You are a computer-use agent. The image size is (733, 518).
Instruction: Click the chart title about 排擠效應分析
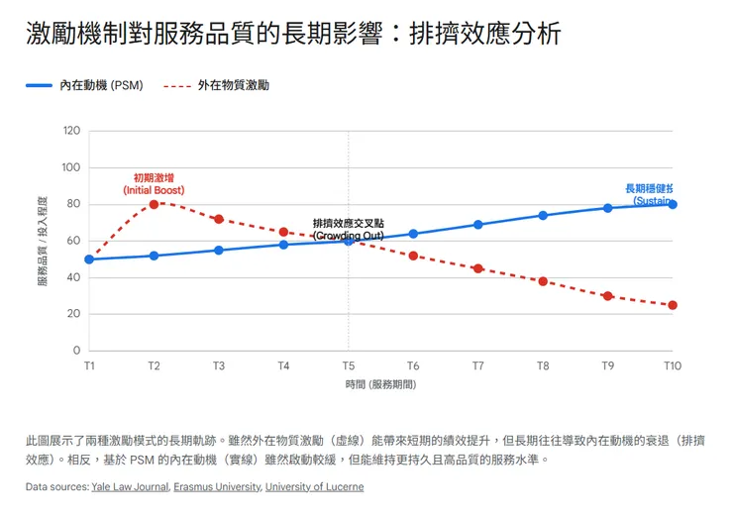click(x=293, y=34)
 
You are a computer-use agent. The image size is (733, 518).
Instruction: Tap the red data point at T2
click(x=155, y=204)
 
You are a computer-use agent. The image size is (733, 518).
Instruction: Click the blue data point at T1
click(x=89, y=259)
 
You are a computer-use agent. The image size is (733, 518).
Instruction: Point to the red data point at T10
click(x=673, y=305)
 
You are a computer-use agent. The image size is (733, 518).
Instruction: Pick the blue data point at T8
click(x=543, y=215)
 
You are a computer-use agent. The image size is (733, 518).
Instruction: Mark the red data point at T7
click(x=478, y=268)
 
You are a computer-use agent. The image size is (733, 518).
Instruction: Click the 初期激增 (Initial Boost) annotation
click(x=154, y=183)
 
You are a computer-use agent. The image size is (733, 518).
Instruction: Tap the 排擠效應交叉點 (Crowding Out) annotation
click(x=349, y=230)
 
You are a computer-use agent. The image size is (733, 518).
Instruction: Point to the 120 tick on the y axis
click(x=71, y=131)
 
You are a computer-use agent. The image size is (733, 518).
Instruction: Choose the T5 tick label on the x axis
click(x=349, y=365)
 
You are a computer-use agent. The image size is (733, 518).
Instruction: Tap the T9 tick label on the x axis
click(x=608, y=365)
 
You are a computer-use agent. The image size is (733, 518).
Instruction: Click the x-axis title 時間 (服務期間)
click(x=380, y=383)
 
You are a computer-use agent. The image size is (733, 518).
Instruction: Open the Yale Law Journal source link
click(x=130, y=487)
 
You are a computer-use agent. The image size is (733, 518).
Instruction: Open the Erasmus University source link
click(x=217, y=487)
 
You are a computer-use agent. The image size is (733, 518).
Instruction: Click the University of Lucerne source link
click(x=314, y=487)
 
